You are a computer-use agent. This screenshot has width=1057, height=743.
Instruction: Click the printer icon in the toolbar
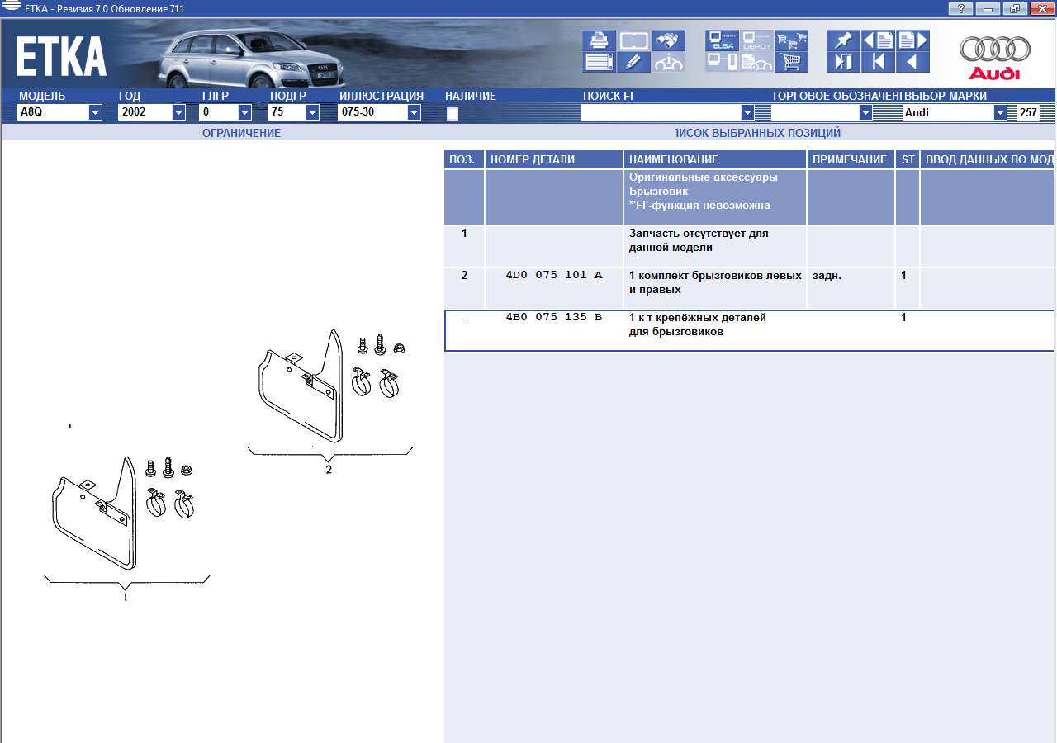[599, 40]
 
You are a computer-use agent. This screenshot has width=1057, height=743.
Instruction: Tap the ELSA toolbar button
[722, 40]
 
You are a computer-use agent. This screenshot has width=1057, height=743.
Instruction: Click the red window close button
[1042, 8]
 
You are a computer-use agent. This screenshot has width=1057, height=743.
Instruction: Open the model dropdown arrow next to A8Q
[95, 113]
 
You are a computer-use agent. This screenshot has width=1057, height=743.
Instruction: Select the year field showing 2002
[145, 112]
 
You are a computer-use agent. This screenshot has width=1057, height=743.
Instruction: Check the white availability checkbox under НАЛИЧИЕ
[453, 114]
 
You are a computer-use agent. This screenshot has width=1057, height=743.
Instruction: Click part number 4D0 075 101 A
[554, 275]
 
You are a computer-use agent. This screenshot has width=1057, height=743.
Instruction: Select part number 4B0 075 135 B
[554, 317]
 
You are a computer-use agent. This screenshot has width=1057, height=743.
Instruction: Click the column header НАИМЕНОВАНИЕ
[673, 159]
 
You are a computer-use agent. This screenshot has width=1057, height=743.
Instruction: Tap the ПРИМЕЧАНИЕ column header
[850, 159]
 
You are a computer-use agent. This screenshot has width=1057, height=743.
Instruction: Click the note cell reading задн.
[827, 276]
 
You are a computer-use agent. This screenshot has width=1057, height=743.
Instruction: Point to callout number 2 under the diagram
[329, 470]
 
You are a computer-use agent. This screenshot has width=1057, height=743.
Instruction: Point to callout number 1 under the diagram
[125, 597]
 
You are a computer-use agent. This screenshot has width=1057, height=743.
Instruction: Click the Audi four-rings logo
[995, 50]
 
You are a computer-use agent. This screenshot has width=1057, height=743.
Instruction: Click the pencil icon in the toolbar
[633, 62]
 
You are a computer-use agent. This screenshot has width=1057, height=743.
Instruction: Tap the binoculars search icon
[668, 40]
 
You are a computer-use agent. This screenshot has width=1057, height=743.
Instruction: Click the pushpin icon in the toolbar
[843, 40]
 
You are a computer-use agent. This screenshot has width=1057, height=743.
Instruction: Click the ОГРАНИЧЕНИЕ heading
[241, 133]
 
